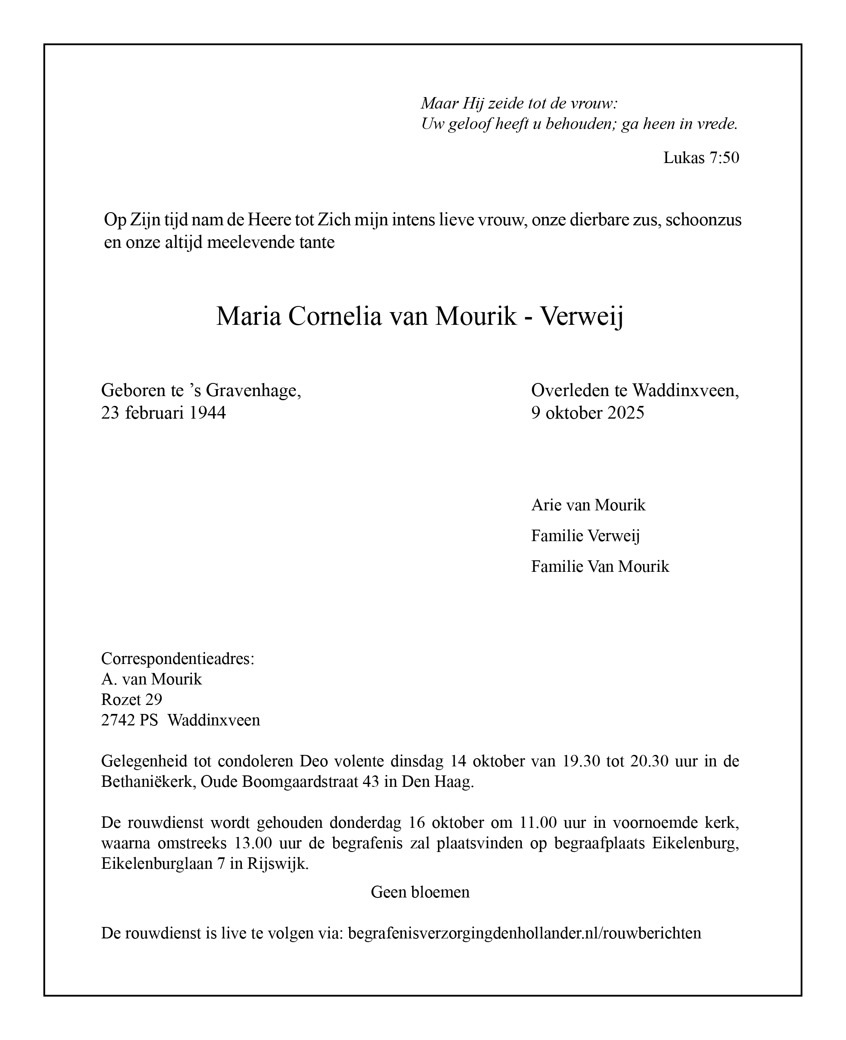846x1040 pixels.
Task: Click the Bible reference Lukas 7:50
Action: point(701,157)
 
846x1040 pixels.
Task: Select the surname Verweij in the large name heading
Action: point(582,317)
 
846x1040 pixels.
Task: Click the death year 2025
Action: point(626,413)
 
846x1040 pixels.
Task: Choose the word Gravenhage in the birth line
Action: point(253,390)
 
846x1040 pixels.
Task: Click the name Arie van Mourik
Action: point(588,505)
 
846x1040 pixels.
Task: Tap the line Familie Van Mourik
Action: point(600,566)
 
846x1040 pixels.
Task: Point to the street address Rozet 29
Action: point(131,700)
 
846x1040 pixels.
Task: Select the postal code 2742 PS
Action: point(130,720)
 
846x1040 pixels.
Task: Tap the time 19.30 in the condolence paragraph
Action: point(581,761)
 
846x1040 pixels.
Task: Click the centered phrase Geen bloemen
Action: point(420,892)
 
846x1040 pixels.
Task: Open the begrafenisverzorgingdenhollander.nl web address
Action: point(524,933)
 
